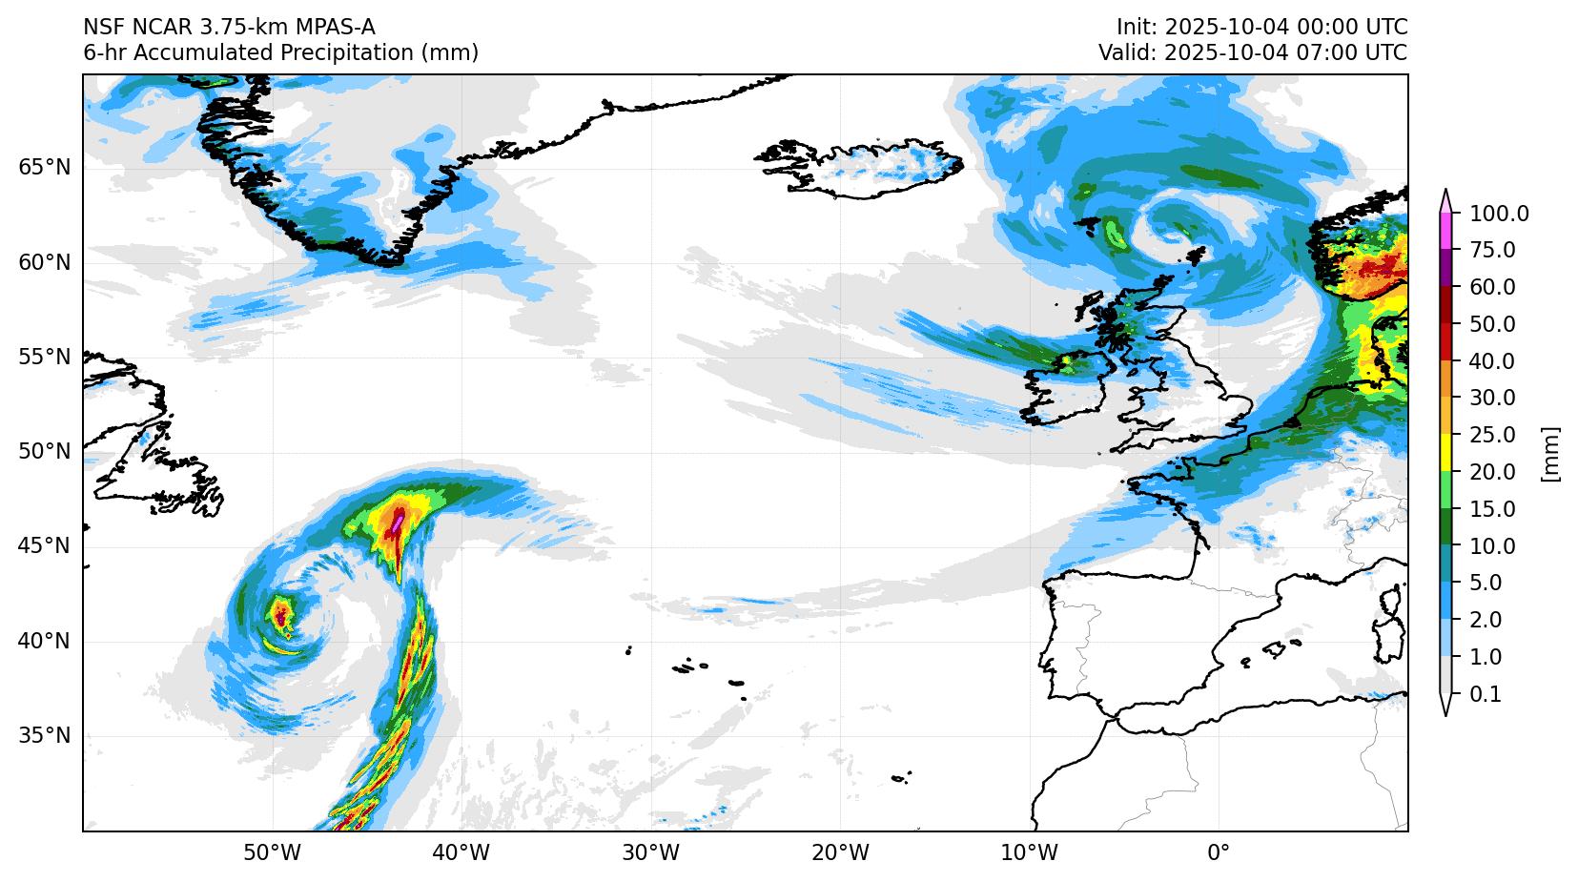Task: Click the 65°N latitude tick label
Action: pyautogui.click(x=44, y=168)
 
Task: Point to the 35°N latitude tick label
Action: pyautogui.click(x=44, y=736)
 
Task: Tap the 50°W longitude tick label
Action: pyautogui.click(x=273, y=852)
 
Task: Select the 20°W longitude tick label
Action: pyautogui.click(x=840, y=852)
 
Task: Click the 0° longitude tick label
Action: pyautogui.click(x=1219, y=852)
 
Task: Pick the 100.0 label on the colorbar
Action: pyautogui.click(x=1499, y=214)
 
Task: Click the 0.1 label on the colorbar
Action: pyautogui.click(x=1486, y=695)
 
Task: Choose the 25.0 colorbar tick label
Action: pyautogui.click(x=1493, y=436)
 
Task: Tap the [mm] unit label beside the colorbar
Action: pyautogui.click(x=1550, y=454)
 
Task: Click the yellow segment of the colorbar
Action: pyautogui.click(x=1446, y=454)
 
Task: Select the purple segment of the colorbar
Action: pyautogui.click(x=1446, y=269)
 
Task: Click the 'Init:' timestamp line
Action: pyautogui.click(x=1261, y=27)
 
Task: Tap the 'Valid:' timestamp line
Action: pyautogui.click(x=1252, y=53)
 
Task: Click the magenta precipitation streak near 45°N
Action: pyautogui.click(x=397, y=522)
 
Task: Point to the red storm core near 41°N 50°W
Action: pyautogui.click(x=280, y=613)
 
